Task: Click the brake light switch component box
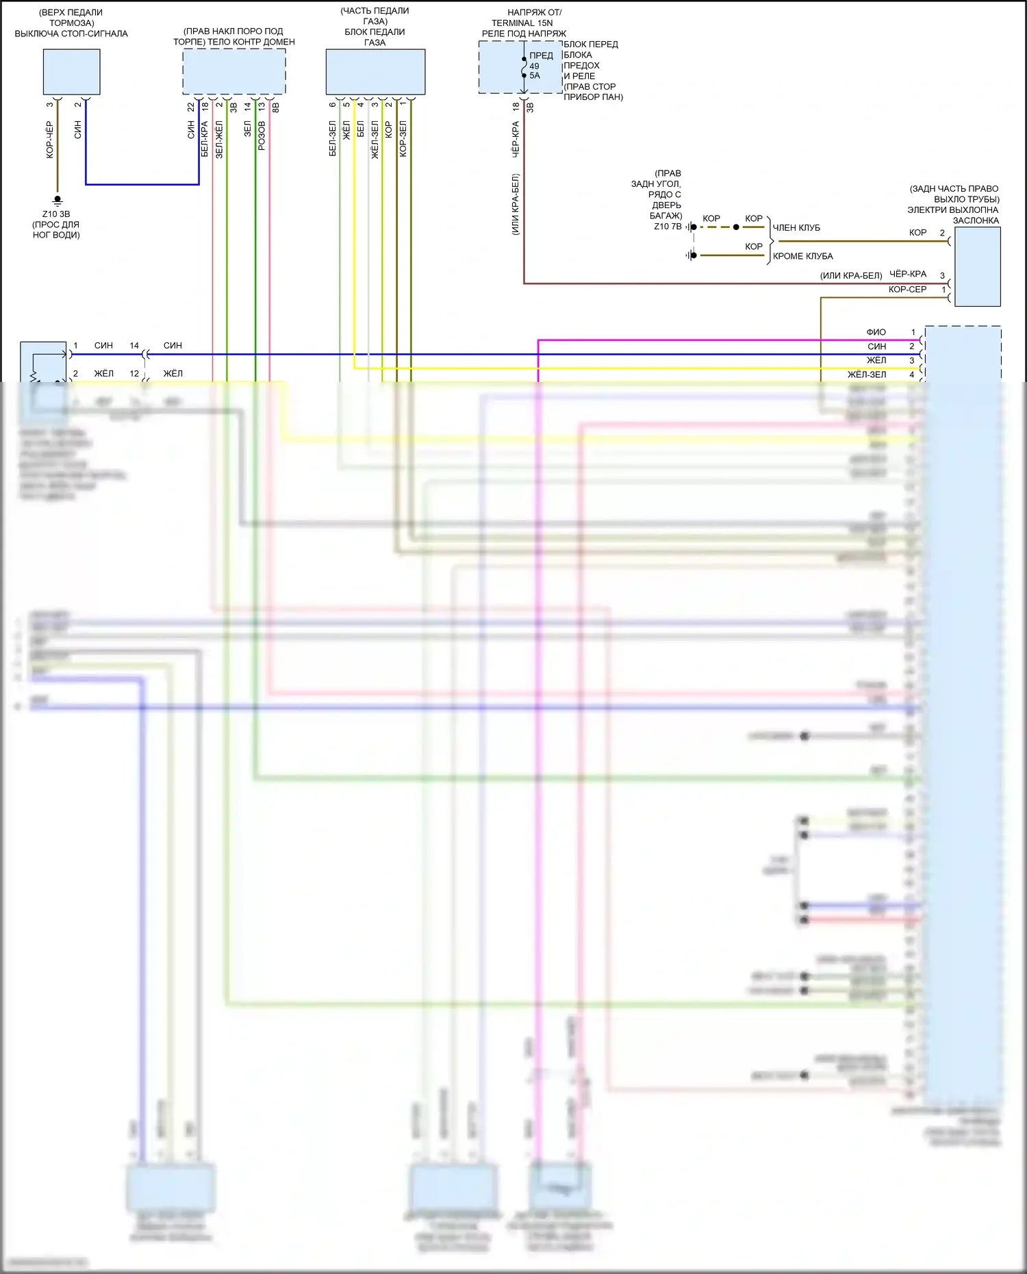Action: coord(71,72)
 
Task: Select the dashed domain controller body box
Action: coord(233,72)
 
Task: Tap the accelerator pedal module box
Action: coord(375,72)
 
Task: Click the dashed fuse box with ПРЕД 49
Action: coord(520,67)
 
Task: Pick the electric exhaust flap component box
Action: coord(977,266)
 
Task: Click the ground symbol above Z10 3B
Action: coord(58,200)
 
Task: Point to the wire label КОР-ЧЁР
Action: coord(49,140)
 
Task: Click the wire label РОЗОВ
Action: coord(262,136)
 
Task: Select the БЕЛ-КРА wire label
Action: coord(205,139)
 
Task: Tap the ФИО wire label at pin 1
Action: coord(876,332)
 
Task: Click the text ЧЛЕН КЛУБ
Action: coord(796,228)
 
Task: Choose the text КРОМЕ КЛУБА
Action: coord(802,257)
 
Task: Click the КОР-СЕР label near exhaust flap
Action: coord(907,290)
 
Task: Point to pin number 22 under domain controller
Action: coord(191,107)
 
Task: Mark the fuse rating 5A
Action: coord(535,76)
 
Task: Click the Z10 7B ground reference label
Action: coord(668,227)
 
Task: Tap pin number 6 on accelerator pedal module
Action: coord(333,105)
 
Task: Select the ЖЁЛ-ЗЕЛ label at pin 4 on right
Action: coord(867,374)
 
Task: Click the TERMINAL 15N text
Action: coord(522,23)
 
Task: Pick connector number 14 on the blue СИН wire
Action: coord(134,346)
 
